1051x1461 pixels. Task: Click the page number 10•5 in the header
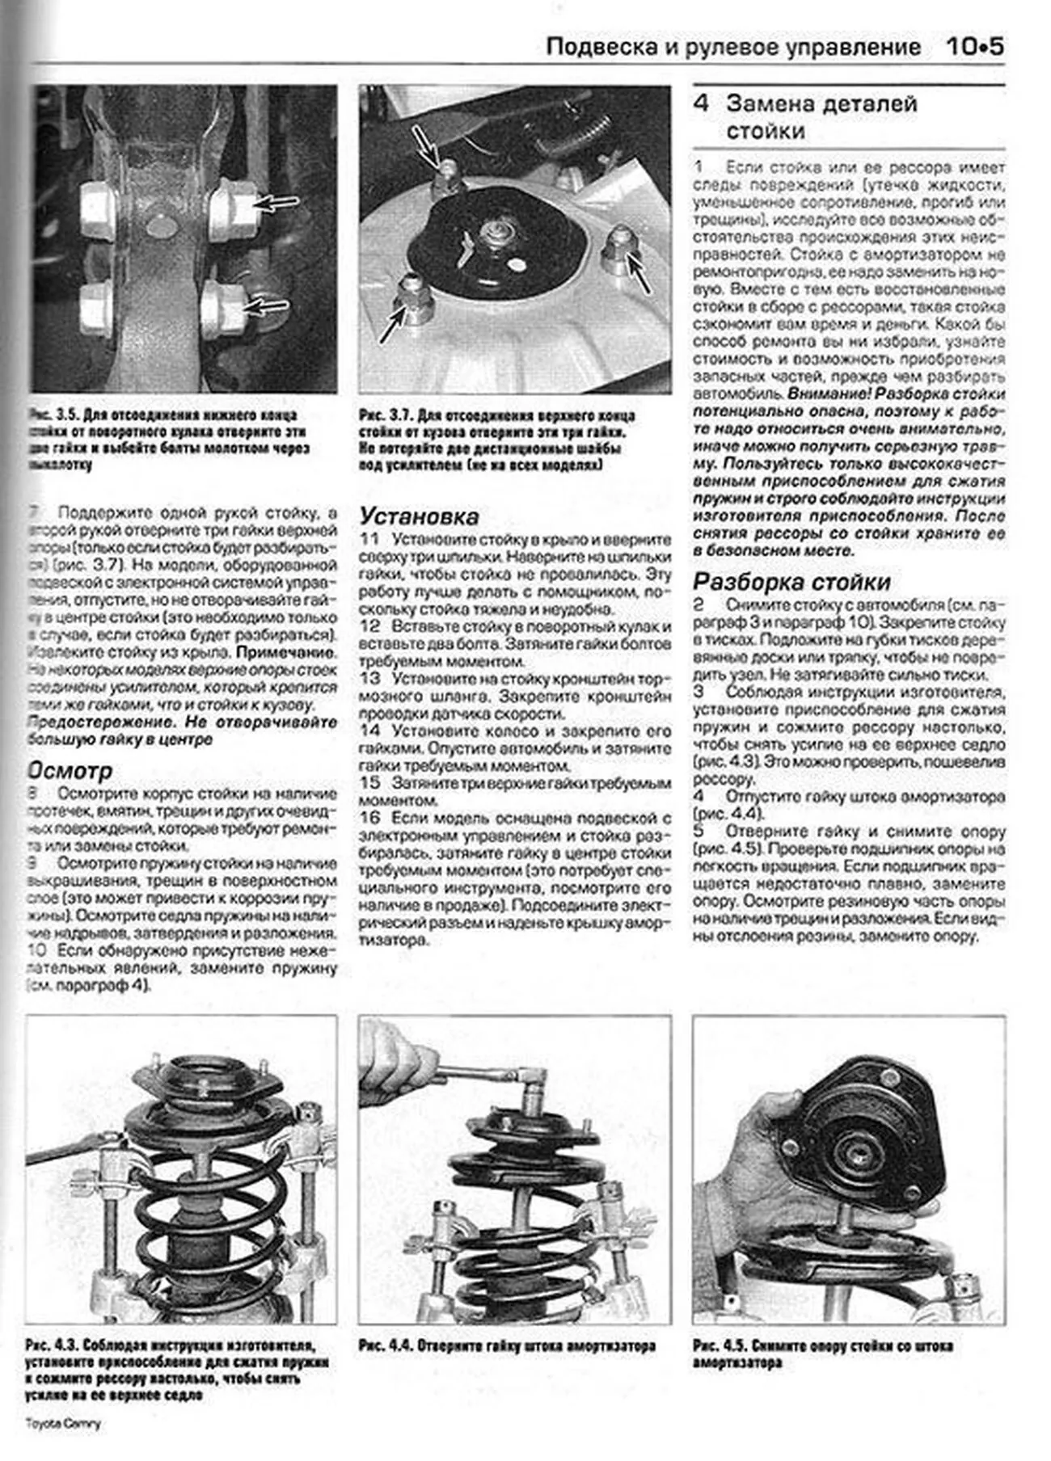974,46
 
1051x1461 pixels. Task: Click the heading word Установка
419,516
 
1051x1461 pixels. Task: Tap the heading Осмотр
70,770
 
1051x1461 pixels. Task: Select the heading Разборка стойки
791,582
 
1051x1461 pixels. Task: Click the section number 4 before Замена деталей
701,103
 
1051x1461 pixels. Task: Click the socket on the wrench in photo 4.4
534,1090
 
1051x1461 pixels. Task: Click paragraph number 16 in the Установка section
369,818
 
